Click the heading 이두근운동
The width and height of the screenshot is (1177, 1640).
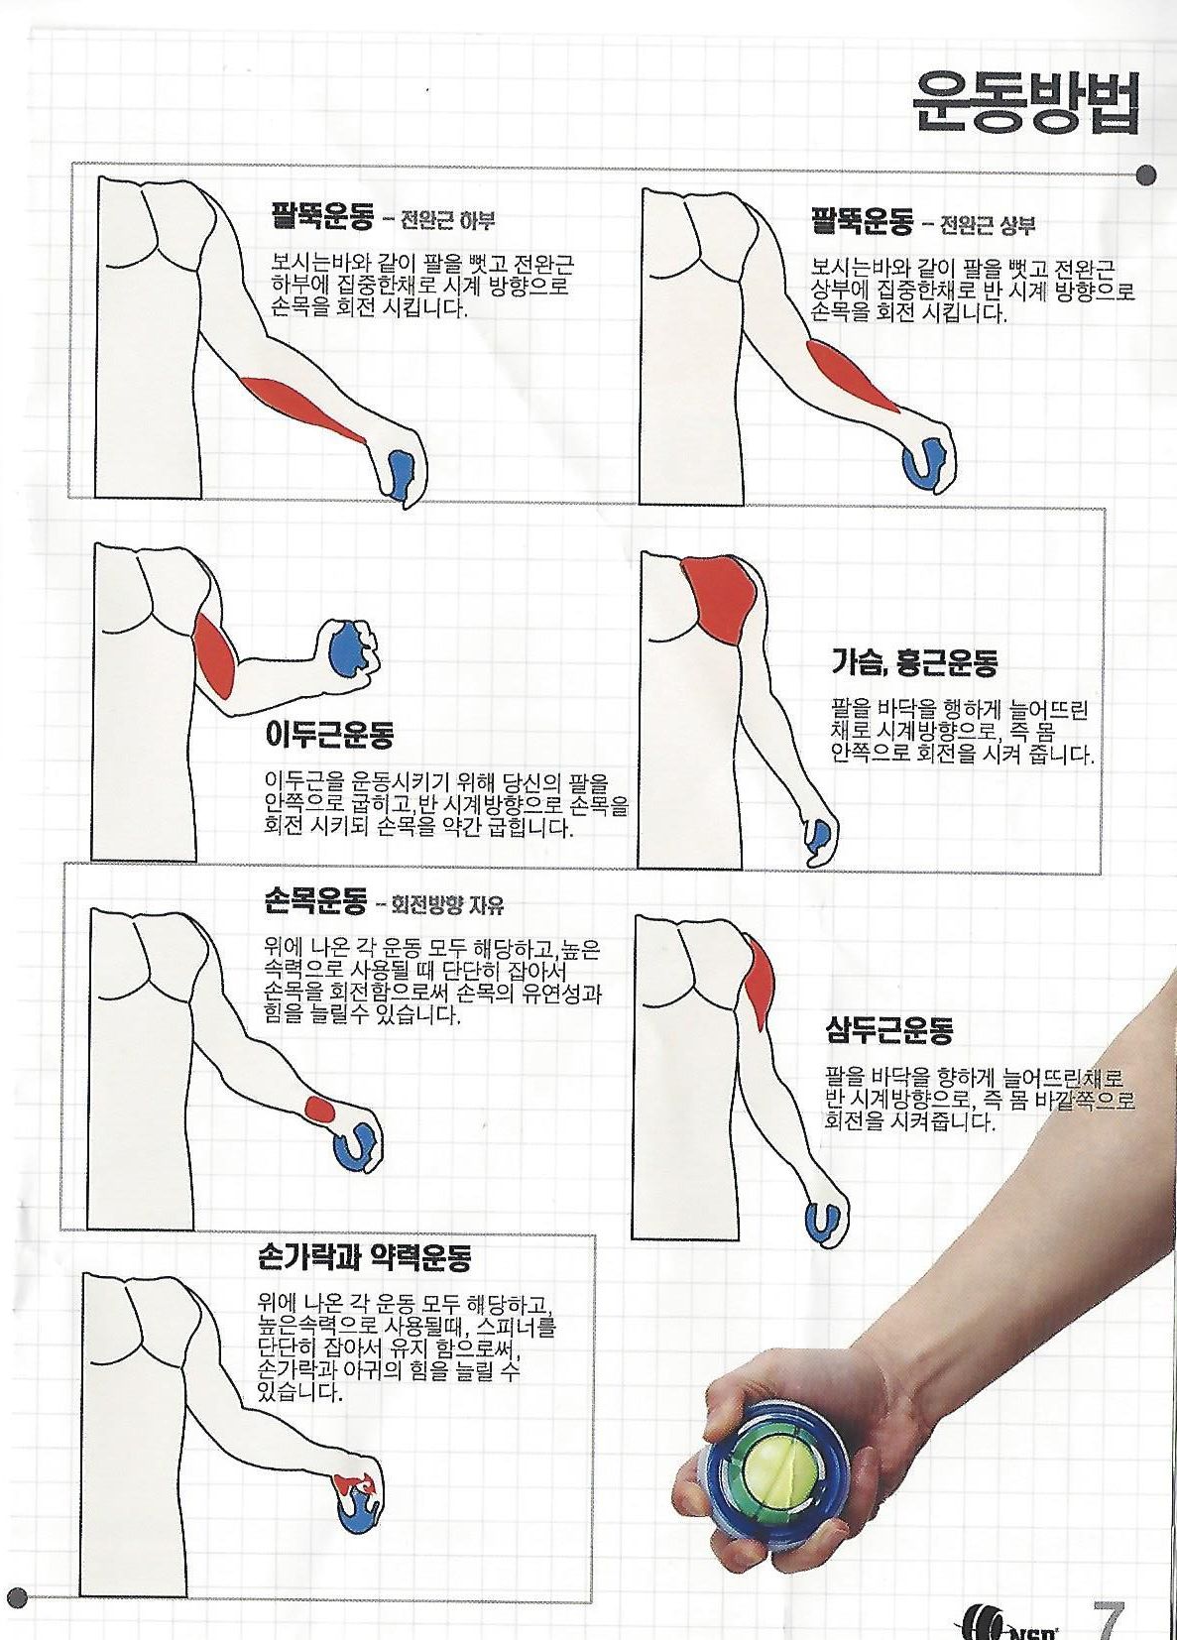pyautogui.click(x=329, y=734)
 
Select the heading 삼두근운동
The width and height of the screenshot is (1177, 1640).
pyautogui.click(x=888, y=1031)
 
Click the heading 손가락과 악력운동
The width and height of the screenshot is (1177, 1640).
pyautogui.click(x=365, y=1257)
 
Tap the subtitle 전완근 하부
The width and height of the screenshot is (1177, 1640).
pyautogui.click(x=448, y=220)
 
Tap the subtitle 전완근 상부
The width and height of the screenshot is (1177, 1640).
pyautogui.click(x=989, y=225)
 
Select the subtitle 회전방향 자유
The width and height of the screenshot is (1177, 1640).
pyautogui.click(x=448, y=906)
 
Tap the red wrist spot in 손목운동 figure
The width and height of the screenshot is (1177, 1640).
pyautogui.click(x=320, y=1110)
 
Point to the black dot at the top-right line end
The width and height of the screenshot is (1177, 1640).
pyautogui.click(x=1148, y=176)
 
